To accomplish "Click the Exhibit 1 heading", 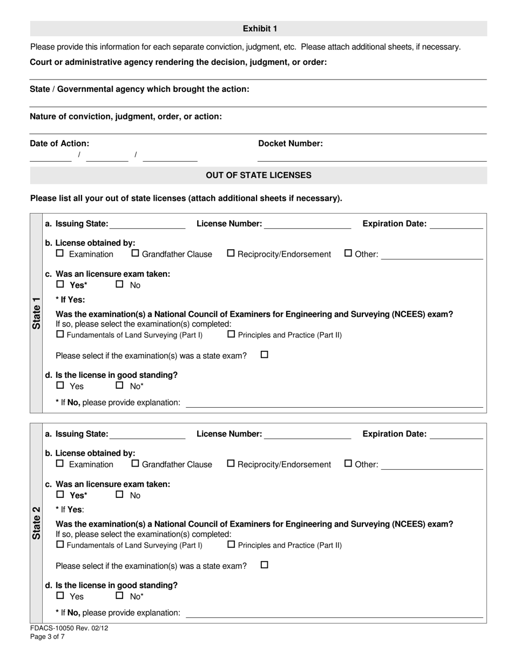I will (x=259, y=29).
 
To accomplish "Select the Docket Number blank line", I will (x=372, y=157).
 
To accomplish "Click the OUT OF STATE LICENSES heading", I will (x=259, y=175).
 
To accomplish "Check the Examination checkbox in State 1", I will (x=60, y=253).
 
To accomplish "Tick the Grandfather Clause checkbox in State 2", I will (x=136, y=463).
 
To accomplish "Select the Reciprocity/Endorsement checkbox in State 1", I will (x=231, y=253).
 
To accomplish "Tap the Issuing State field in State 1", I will (x=147, y=226).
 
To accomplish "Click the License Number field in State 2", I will (x=307, y=436).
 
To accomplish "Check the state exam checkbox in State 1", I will (x=265, y=355).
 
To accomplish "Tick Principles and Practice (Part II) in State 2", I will (x=231, y=544).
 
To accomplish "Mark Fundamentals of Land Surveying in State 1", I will (x=60, y=334).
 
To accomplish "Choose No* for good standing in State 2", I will (x=120, y=596).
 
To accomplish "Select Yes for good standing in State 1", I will (x=60, y=385).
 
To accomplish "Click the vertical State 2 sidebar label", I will (x=36, y=523).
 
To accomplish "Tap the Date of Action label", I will (x=59, y=143).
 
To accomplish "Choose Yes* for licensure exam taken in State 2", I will (x=60, y=494).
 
